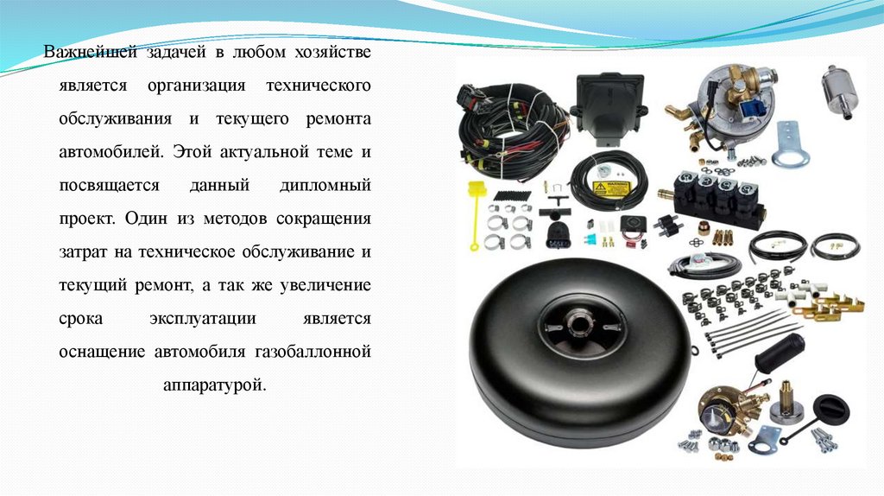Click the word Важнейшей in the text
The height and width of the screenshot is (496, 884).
point(90,52)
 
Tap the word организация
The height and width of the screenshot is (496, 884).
point(196,86)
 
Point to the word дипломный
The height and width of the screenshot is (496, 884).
point(325,186)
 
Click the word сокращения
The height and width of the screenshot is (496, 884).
point(324,219)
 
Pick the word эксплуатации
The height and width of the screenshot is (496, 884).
point(203,319)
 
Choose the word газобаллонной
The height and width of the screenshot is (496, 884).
point(313,352)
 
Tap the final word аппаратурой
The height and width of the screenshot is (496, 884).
point(214,385)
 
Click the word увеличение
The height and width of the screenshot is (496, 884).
point(325,285)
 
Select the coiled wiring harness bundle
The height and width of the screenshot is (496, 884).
point(512,130)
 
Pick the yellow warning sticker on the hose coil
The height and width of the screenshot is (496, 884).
point(610,188)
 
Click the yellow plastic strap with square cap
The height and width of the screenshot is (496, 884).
point(476,214)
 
